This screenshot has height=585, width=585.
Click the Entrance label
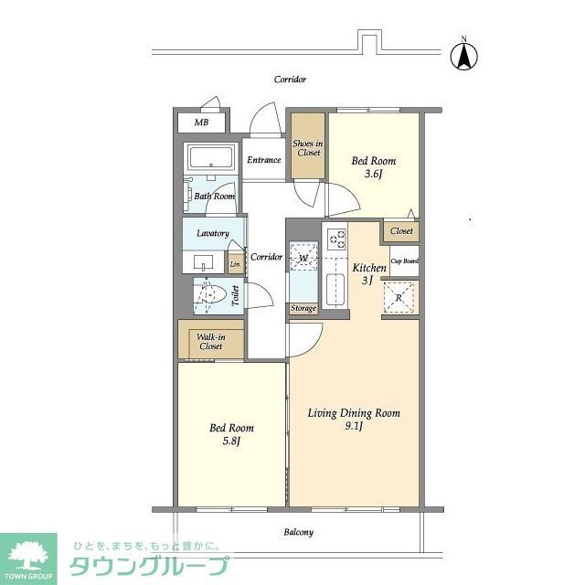[263, 160]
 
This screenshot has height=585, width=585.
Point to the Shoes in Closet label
[308, 148]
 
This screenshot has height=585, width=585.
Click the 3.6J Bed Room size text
[372, 175]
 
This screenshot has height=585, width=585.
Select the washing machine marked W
[303, 259]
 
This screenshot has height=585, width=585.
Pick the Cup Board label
[404, 261]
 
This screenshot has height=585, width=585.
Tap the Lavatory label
[212, 234]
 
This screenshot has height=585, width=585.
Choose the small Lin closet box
[235, 265]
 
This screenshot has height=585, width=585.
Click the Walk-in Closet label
[211, 342]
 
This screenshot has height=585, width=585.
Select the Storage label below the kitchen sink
[303, 309]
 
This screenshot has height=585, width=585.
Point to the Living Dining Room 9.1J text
[354, 420]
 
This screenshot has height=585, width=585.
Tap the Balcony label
[298, 532]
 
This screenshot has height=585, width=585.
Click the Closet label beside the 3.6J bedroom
[401, 231]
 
